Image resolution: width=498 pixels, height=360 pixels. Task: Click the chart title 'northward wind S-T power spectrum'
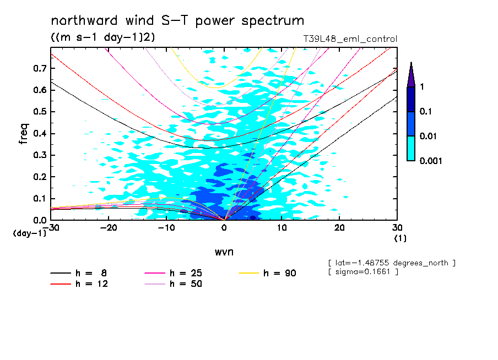177,21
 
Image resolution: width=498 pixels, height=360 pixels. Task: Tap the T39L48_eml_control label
350,39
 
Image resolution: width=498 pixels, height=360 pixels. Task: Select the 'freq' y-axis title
24,134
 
